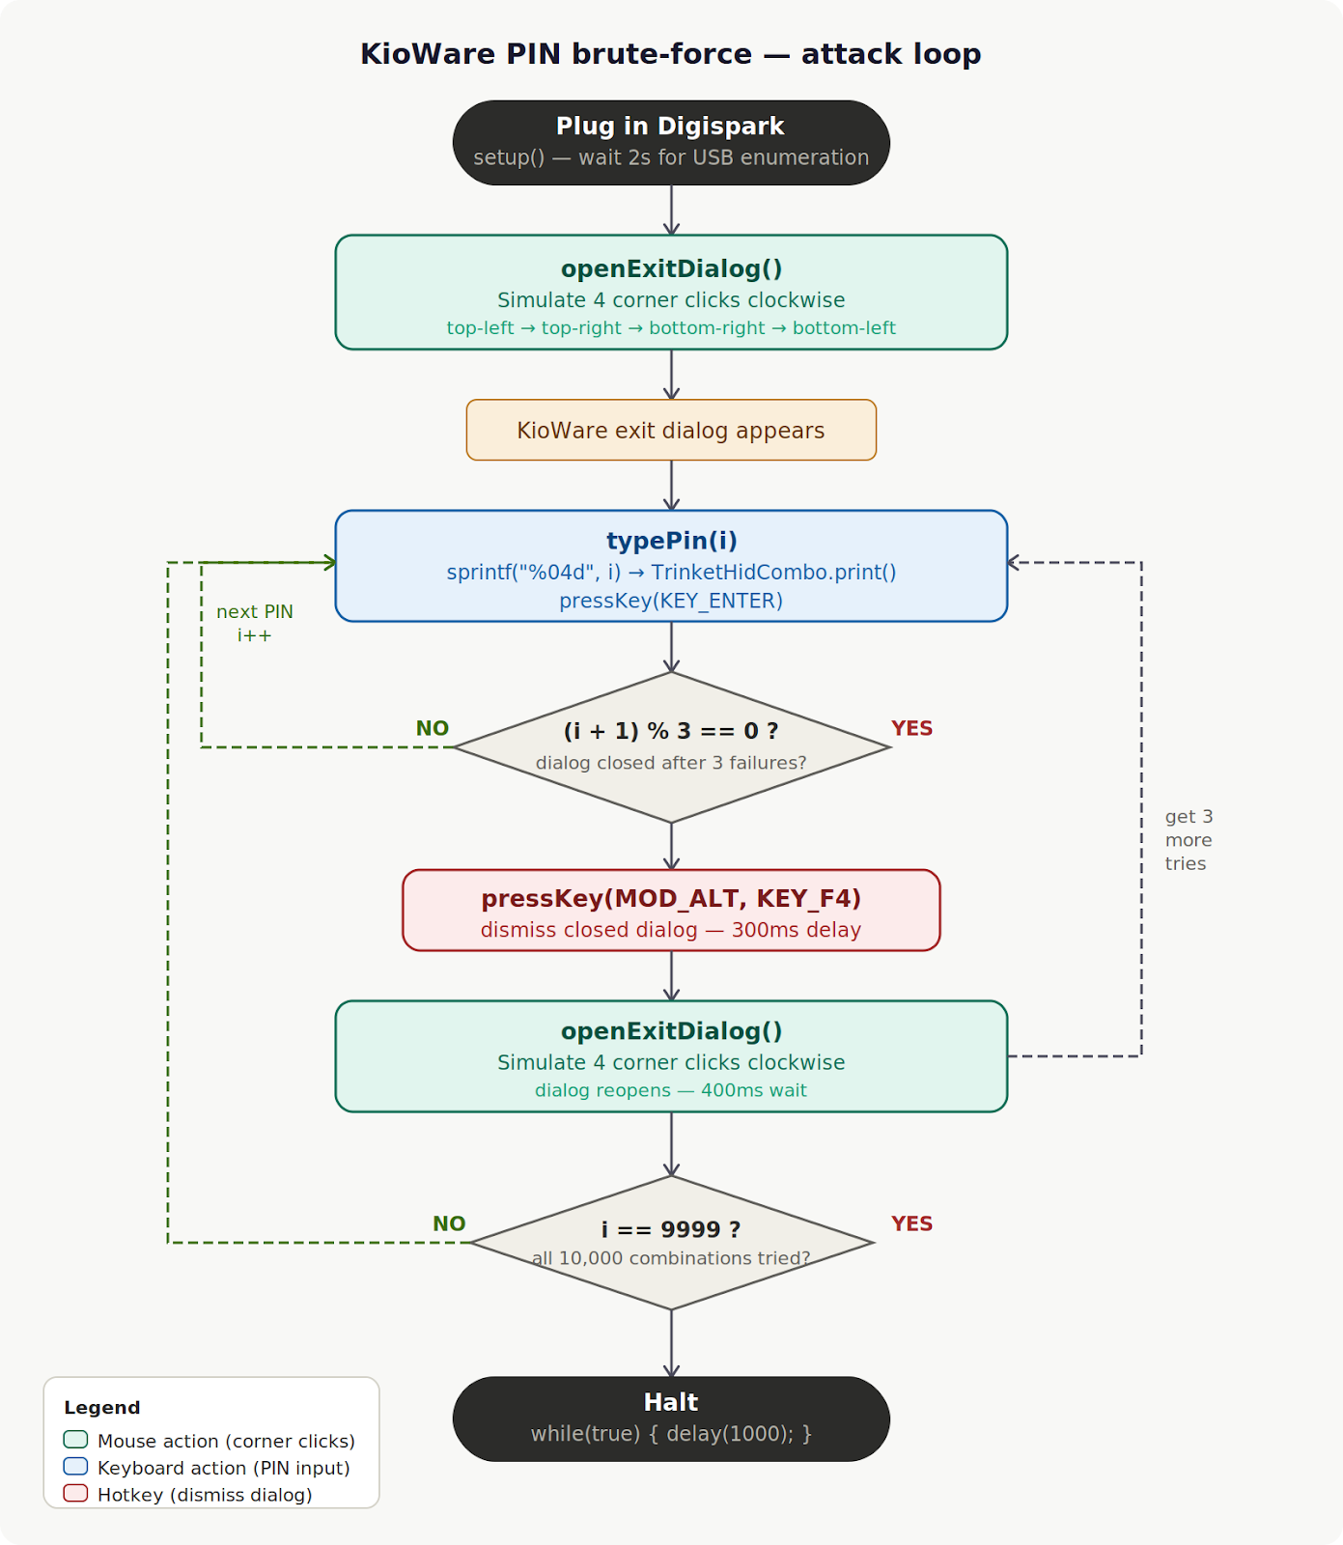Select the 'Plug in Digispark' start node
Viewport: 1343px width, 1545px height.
pos(670,142)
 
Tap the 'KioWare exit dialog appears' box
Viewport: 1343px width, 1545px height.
pos(670,431)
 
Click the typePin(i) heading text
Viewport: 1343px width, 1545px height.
pos(671,541)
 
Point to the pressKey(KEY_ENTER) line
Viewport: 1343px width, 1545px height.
pos(670,601)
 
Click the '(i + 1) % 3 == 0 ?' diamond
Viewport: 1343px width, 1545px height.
pos(670,746)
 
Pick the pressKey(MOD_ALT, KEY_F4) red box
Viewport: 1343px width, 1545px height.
pos(670,910)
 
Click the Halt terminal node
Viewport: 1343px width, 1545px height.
pos(670,1418)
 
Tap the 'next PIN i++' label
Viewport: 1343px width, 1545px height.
pos(254,624)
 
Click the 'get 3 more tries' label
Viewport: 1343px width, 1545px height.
pos(1188,840)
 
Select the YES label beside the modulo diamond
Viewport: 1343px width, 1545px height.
pos(911,729)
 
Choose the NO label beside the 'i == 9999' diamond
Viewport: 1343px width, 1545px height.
pos(449,1224)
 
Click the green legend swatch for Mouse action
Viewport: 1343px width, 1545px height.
pos(75,1440)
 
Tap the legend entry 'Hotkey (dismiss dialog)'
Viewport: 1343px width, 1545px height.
pos(205,1495)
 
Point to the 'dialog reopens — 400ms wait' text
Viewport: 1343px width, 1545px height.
pos(670,1090)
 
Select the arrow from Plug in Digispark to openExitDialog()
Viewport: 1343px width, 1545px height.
pos(671,210)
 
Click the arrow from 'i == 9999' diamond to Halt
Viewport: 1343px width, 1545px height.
pos(671,1343)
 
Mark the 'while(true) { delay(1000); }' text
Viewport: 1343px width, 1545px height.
pos(670,1434)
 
